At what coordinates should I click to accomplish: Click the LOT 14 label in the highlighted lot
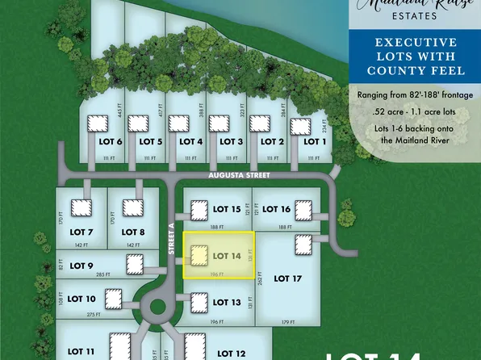[226, 256]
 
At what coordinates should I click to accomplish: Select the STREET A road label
[172, 240]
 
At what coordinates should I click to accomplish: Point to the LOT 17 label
[287, 278]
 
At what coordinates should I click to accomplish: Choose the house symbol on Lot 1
[299, 127]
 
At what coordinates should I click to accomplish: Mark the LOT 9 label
[82, 266]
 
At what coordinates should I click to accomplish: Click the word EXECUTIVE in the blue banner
[414, 43]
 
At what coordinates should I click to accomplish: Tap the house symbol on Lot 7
[81, 207]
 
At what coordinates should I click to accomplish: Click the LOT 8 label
[132, 233]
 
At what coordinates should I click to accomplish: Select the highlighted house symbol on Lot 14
[196, 256]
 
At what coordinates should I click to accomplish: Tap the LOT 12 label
[230, 353]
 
